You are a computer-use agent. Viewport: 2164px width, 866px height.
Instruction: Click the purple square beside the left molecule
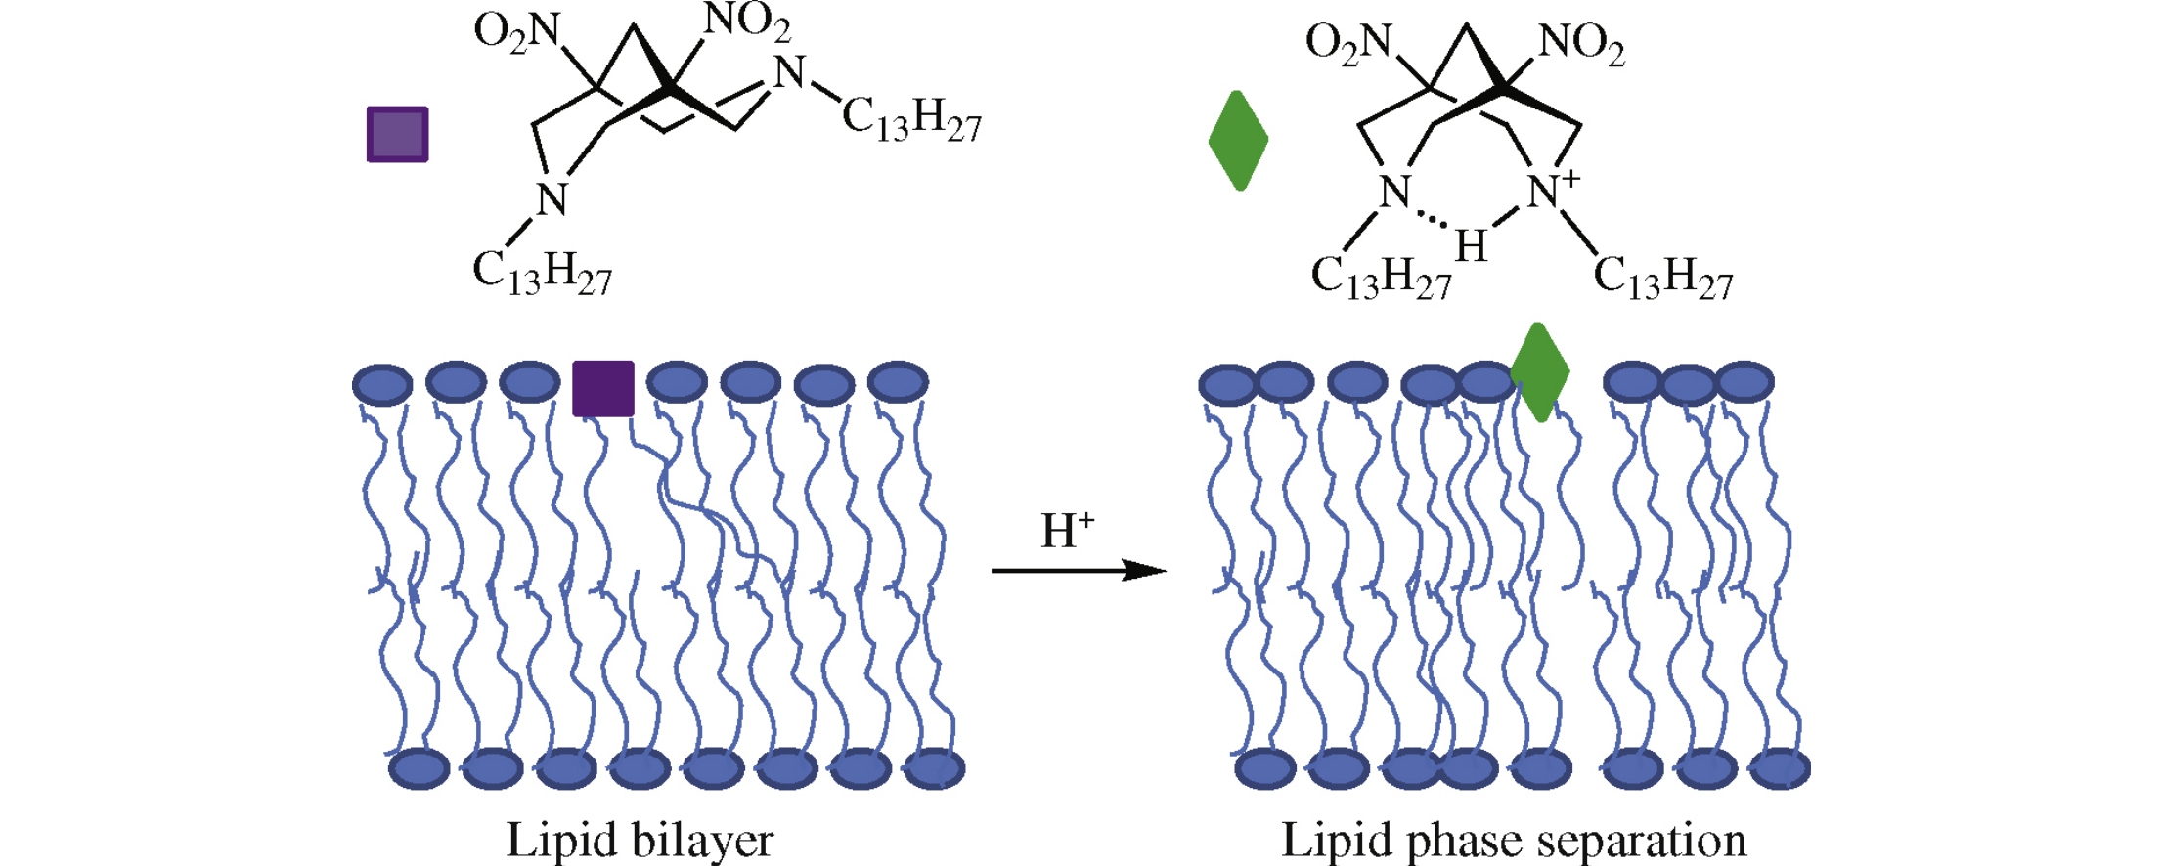pyautogui.click(x=397, y=134)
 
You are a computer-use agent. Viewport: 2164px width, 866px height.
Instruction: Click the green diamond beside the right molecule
pyautogui.click(x=1238, y=140)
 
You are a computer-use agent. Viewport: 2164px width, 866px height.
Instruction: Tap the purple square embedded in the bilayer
pyautogui.click(x=602, y=388)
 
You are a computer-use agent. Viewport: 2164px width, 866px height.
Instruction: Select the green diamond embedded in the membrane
pyautogui.click(x=1539, y=371)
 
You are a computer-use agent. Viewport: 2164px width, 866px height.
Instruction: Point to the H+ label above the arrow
pyautogui.click(x=1066, y=531)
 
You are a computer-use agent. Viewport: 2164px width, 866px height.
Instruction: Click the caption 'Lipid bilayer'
pyautogui.click(x=640, y=840)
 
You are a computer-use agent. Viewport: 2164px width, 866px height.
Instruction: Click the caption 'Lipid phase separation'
pyautogui.click(x=1513, y=840)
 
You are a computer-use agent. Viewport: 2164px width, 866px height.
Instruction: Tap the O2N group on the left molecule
pyautogui.click(x=516, y=33)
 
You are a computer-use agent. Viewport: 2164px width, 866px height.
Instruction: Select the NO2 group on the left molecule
pyautogui.click(x=747, y=22)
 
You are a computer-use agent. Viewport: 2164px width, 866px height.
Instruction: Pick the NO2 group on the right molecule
pyautogui.click(x=1581, y=44)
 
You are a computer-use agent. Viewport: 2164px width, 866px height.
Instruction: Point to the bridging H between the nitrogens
pyautogui.click(x=1470, y=245)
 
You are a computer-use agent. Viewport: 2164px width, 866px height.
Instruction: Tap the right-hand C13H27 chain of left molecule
pyautogui.click(x=910, y=119)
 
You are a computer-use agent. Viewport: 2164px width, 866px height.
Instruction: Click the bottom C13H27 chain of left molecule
pyautogui.click(x=542, y=273)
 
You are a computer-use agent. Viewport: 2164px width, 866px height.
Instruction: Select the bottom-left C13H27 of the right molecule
pyautogui.click(x=1380, y=278)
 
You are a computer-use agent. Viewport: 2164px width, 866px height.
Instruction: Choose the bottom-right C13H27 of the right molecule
pyautogui.click(x=1662, y=278)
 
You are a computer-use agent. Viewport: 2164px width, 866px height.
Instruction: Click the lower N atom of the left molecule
pyautogui.click(x=552, y=198)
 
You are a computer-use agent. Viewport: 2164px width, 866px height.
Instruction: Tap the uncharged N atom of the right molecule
pyautogui.click(x=1394, y=192)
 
